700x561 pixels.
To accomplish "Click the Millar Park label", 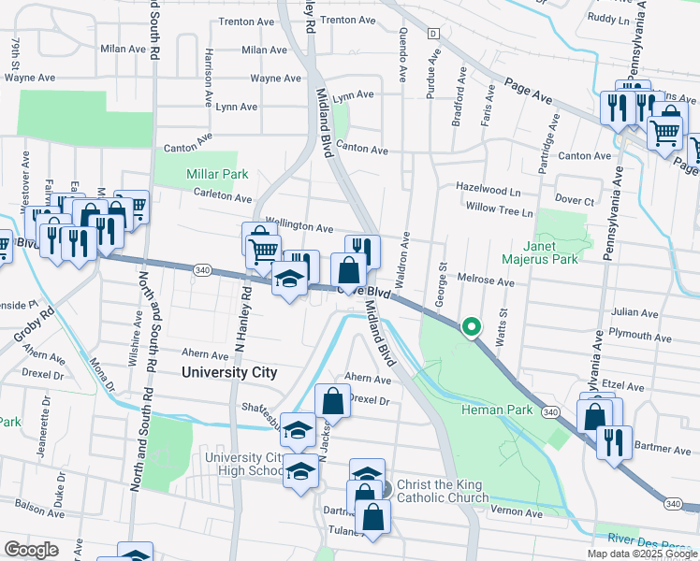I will pos(190,174).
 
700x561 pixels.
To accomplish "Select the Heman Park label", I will pos(496,410).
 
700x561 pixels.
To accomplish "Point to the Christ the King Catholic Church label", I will pos(443,491).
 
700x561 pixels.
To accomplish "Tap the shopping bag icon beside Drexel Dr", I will pos(332,401).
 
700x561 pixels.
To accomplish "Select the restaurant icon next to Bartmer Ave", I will pos(613,441).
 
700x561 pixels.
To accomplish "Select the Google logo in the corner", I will pos(31,550).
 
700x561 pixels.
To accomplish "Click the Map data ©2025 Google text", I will pos(642,554).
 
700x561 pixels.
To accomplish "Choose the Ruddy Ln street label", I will pos(608,18).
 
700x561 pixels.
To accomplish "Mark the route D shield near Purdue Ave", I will pos(432,33).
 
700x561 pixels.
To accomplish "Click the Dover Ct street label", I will pos(575,201).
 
